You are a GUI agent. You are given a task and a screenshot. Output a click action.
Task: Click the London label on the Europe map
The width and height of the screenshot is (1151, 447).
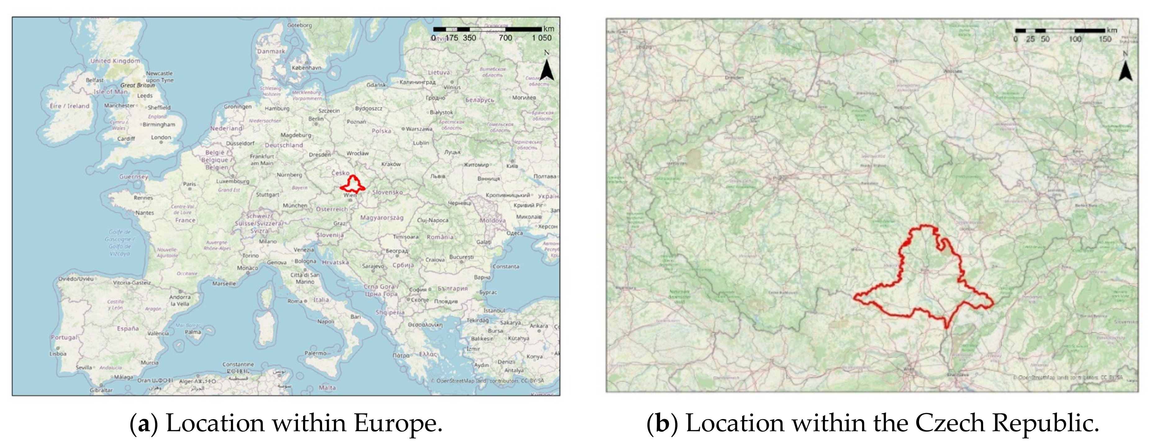click(x=161, y=137)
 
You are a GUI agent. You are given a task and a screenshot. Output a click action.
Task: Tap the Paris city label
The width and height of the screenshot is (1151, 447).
click(x=189, y=184)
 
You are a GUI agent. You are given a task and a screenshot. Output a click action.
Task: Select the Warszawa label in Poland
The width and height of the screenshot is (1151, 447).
click(x=419, y=129)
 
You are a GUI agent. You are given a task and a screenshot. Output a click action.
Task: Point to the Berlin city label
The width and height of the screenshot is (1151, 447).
click(x=316, y=119)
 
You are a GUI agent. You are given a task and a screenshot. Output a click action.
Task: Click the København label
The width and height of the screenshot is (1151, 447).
click(x=306, y=68)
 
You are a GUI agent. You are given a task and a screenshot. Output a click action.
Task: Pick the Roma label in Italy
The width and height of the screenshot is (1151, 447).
click(x=295, y=302)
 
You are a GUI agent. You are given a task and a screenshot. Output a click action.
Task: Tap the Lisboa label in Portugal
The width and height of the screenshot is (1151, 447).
click(x=58, y=354)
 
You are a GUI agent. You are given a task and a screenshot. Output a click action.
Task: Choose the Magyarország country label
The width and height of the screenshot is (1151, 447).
click(x=382, y=218)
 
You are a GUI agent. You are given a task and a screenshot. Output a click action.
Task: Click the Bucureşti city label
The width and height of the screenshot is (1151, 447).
click(x=462, y=257)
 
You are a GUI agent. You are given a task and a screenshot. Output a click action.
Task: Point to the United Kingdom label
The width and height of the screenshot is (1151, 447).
click(x=115, y=61)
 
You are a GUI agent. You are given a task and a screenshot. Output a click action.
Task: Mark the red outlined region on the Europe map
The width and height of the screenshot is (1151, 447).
click(x=353, y=185)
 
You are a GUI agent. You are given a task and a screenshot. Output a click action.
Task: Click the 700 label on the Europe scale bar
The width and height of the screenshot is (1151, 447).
click(x=505, y=38)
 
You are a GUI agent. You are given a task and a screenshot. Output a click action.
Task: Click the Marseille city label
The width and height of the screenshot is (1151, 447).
click(x=224, y=284)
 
